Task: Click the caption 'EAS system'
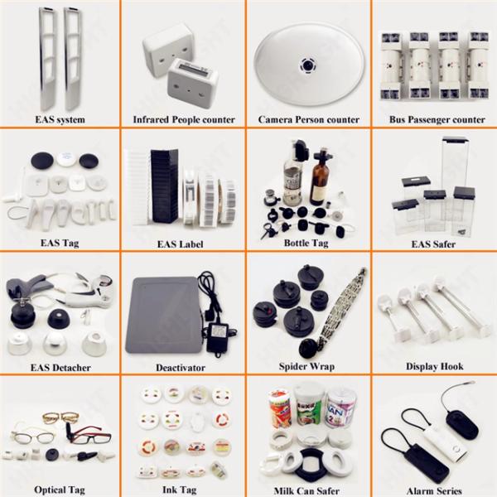[60, 120]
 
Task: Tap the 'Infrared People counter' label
[184, 120]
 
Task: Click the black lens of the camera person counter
[306, 65]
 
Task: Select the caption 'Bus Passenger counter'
[437, 120]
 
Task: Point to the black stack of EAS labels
[164, 186]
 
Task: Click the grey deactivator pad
[164, 315]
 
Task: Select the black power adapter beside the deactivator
[220, 338]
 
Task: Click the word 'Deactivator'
[181, 368]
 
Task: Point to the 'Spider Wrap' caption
[306, 367]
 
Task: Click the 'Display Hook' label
[435, 367]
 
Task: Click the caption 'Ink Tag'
[180, 490]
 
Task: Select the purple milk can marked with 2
[341, 409]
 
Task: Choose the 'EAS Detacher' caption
[60, 368]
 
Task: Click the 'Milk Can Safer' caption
[306, 491]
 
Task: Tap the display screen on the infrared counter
[192, 68]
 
